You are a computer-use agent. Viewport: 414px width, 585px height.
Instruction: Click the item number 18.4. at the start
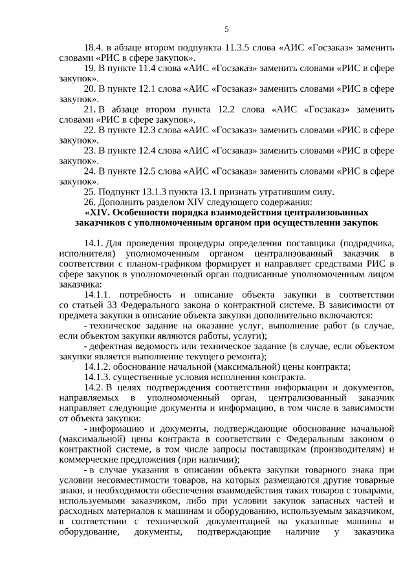(x=94, y=48)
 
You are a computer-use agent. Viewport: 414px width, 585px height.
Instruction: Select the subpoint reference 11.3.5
(x=243, y=48)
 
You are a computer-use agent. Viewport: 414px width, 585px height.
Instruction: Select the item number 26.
(x=90, y=201)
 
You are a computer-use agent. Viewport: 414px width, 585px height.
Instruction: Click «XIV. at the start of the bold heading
(x=98, y=212)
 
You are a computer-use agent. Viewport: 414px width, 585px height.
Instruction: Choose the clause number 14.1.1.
(x=98, y=294)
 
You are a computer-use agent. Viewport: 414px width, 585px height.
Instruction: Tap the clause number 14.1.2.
(x=98, y=367)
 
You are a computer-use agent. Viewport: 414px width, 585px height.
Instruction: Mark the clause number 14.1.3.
(x=98, y=376)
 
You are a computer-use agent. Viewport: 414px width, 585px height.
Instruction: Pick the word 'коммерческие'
(x=87, y=459)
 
